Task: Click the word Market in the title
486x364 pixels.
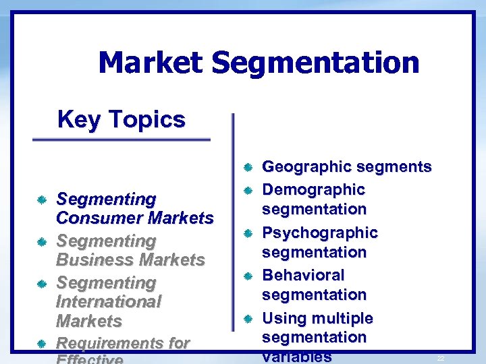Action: point(150,63)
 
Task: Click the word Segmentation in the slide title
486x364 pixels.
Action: point(315,63)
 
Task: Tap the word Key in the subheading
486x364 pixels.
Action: point(76,120)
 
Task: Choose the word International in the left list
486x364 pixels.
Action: point(109,301)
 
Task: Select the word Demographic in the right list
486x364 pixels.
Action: point(313,190)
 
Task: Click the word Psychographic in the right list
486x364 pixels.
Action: point(320,233)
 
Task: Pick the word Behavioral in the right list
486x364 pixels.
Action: point(303,275)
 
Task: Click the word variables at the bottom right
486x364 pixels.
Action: point(296,357)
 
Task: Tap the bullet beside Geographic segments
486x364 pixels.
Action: point(248,166)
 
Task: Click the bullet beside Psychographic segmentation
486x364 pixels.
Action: point(248,233)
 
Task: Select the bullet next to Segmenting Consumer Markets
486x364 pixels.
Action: point(42,200)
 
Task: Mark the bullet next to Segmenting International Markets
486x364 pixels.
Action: point(42,283)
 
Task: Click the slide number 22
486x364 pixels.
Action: point(440,358)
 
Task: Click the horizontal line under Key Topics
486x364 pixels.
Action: point(122,140)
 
